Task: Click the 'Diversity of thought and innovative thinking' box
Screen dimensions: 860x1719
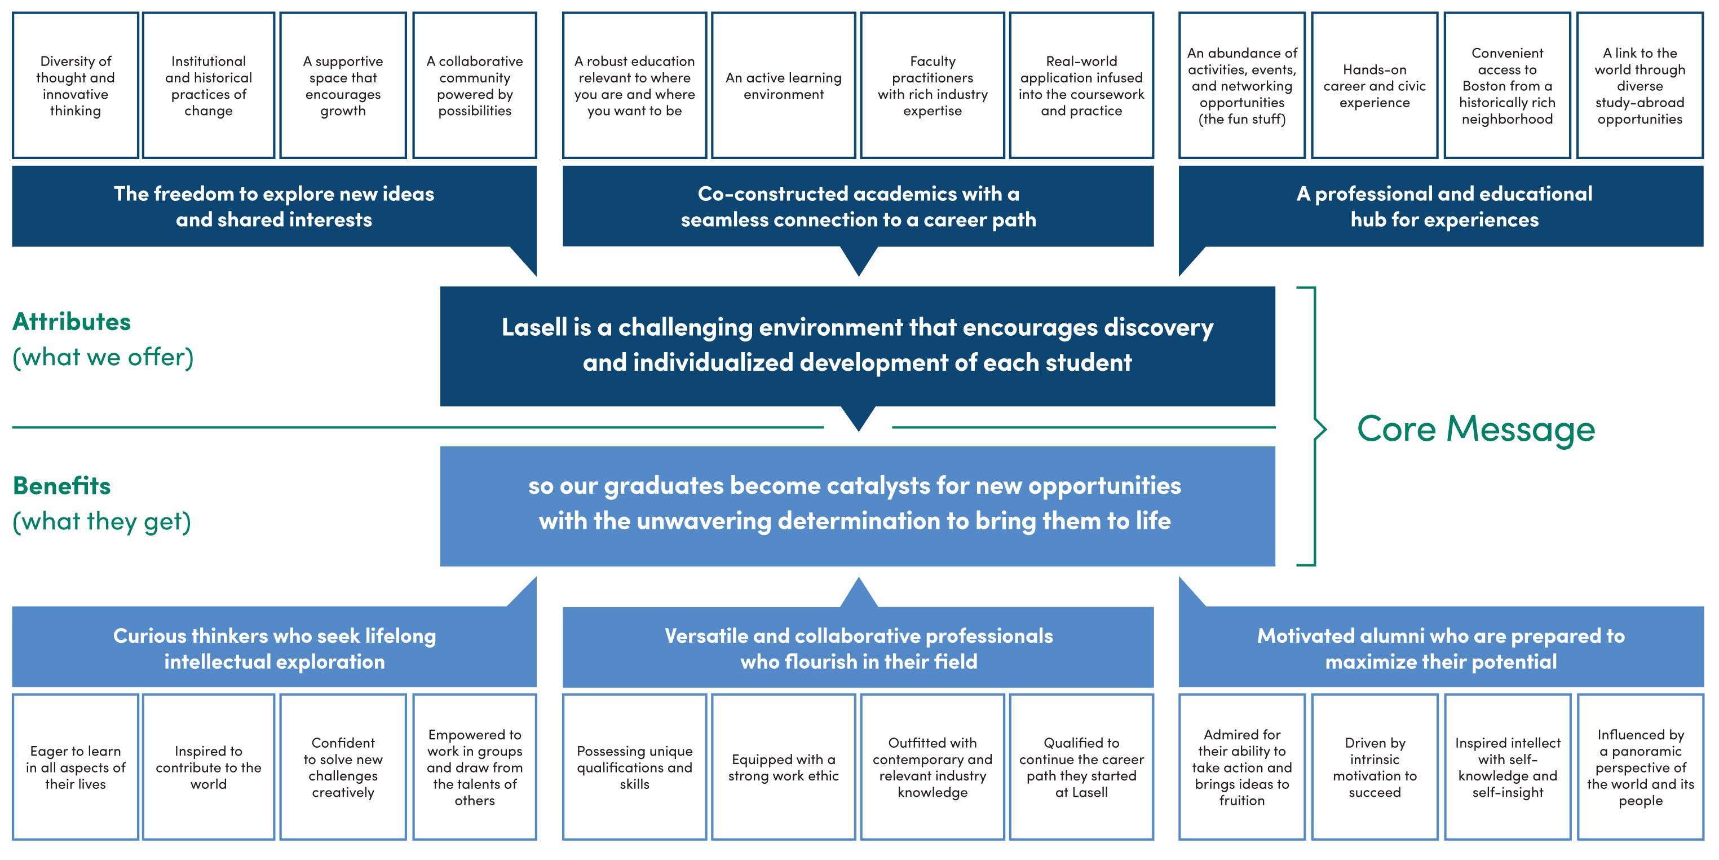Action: point(76,85)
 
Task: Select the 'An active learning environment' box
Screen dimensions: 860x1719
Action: point(784,85)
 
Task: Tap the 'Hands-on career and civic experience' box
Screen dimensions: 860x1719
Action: point(1374,85)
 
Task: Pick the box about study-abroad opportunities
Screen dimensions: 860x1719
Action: point(1640,85)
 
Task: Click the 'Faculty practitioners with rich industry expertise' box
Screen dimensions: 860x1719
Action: point(933,85)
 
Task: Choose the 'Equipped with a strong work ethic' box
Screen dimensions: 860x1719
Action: point(784,767)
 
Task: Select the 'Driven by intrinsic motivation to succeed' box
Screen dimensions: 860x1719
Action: point(1374,767)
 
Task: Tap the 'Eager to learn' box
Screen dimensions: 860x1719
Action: point(76,767)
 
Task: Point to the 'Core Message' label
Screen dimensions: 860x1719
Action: point(1475,429)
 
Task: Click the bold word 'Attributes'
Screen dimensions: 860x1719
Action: point(72,322)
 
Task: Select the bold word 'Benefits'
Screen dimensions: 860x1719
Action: point(61,485)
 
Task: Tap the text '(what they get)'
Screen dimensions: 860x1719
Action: point(101,521)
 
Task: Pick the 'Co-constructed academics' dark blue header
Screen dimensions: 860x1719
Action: point(858,207)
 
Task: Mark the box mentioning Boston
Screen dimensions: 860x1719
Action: point(1507,85)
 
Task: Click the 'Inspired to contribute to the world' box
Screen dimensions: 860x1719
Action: point(208,767)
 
